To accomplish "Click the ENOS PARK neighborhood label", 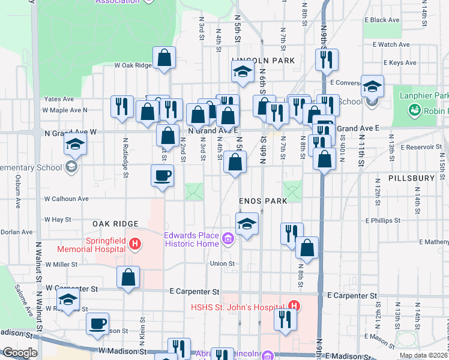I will coord(262,202).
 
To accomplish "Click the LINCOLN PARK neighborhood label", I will coord(263,61).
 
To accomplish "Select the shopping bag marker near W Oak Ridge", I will coord(164,58).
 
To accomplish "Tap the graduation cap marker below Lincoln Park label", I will coord(243,72).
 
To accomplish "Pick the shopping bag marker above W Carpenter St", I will coord(128,277).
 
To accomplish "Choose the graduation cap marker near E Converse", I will coord(372,88).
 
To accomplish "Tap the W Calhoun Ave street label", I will coord(67,199).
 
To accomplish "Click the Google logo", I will coord(20,353).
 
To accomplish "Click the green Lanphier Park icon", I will coord(414,110).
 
